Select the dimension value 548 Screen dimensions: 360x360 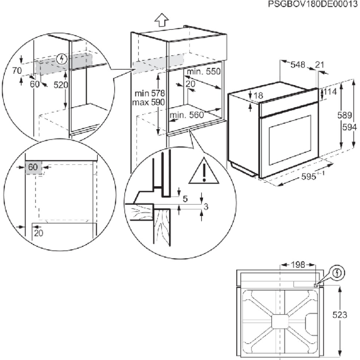pyautogui.click(x=298, y=65)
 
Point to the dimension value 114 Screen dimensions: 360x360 pyautogui.click(x=331, y=92)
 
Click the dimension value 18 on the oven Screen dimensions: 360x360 pyautogui.click(x=258, y=96)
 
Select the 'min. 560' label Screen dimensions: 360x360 pyautogui.click(x=187, y=115)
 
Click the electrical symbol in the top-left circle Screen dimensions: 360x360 pyautogui.click(x=63, y=58)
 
